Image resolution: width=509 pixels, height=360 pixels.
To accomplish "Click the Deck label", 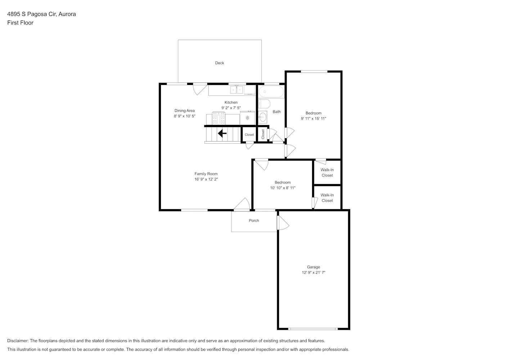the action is point(220,63).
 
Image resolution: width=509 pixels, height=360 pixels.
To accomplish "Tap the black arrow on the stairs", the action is point(222,133).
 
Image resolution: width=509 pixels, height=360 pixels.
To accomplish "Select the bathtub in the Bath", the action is point(271,92).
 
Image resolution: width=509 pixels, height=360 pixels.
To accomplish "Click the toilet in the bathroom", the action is point(264,104).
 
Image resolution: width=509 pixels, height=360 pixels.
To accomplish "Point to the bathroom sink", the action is point(262,117).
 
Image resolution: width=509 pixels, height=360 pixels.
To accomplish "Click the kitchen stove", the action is point(219,118).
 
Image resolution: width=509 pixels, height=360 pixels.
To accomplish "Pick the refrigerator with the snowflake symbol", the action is point(247,118).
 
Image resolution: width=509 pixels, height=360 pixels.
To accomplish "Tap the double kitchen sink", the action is point(237,90).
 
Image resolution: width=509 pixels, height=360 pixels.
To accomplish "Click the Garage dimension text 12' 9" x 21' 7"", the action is point(313,273).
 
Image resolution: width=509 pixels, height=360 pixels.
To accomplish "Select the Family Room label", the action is point(206,174).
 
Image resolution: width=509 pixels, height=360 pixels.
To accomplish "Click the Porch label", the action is point(254,221).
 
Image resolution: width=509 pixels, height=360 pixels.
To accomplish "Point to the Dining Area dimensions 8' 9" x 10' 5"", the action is point(185,116).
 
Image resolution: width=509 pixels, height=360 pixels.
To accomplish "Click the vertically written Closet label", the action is point(263,134).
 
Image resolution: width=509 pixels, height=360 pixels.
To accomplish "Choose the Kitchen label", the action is point(231,103).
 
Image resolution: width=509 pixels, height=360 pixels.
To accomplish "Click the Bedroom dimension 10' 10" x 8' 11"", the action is point(283,188).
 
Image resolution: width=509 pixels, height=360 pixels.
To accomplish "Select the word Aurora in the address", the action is point(67,14).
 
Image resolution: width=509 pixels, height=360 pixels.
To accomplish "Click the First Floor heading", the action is point(20,23).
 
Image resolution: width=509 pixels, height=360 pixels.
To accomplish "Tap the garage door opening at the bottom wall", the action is point(313,329).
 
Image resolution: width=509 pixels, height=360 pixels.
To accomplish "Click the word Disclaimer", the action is point(18,341).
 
